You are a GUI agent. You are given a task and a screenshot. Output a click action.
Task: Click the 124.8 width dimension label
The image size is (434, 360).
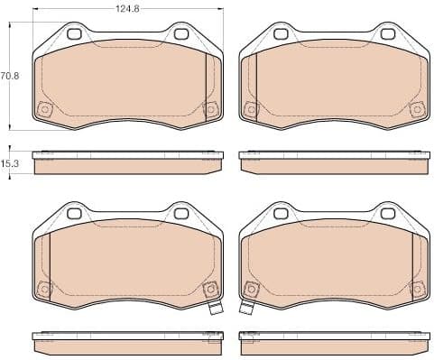coord(126,9)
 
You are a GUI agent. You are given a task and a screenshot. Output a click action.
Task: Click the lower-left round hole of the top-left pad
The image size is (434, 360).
coord(42,110)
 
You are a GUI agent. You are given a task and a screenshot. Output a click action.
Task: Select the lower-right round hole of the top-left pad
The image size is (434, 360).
coord(210,110)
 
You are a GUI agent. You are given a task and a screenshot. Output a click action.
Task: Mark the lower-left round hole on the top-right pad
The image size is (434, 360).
coord(248,110)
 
